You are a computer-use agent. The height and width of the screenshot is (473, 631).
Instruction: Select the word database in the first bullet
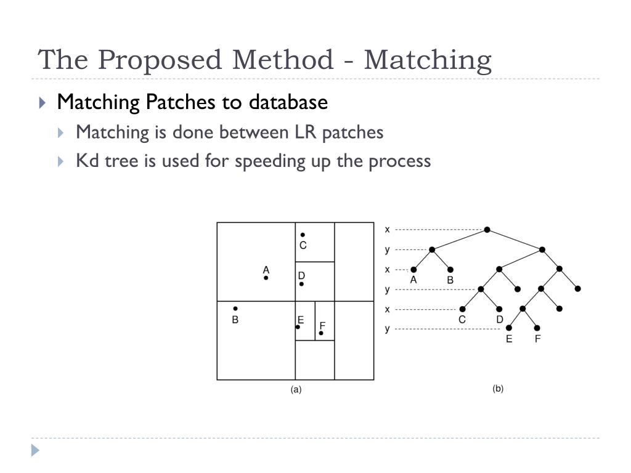[288, 102]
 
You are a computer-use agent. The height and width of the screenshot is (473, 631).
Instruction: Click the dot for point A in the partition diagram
[266, 278]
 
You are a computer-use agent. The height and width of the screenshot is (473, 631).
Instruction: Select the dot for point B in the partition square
[235, 309]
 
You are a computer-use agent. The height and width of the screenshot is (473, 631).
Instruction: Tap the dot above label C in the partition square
[303, 235]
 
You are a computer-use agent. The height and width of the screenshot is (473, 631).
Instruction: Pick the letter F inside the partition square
[322, 325]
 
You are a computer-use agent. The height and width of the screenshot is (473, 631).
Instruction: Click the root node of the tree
[487, 230]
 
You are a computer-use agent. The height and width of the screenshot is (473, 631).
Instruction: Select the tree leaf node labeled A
[413, 270]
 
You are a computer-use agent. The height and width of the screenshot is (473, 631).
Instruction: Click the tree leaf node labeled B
[450, 270]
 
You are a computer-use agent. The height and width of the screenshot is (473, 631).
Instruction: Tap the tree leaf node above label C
[462, 309]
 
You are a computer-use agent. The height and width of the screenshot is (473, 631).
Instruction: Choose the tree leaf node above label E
[509, 328]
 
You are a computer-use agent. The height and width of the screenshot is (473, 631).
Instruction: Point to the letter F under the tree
[537, 339]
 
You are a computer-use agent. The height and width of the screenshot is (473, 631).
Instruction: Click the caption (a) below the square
[296, 389]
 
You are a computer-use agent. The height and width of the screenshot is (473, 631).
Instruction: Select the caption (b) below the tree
[498, 389]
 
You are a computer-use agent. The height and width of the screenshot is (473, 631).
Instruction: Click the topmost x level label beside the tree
[387, 230]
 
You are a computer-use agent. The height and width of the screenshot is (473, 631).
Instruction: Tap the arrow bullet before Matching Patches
[43, 103]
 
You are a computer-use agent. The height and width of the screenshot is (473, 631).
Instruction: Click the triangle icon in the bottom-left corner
[35, 450]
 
